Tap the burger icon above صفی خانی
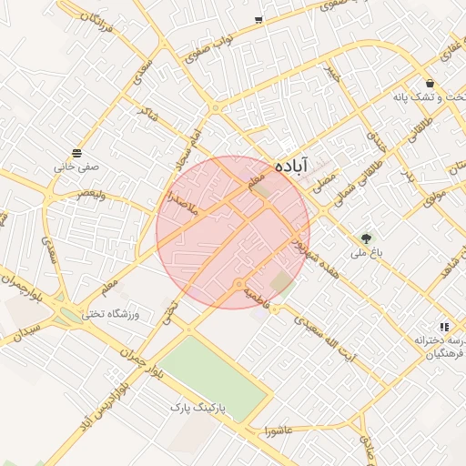(76, 152)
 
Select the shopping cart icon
(259, 19)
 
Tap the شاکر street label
(146, 111)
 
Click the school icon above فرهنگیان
(444, 326)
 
